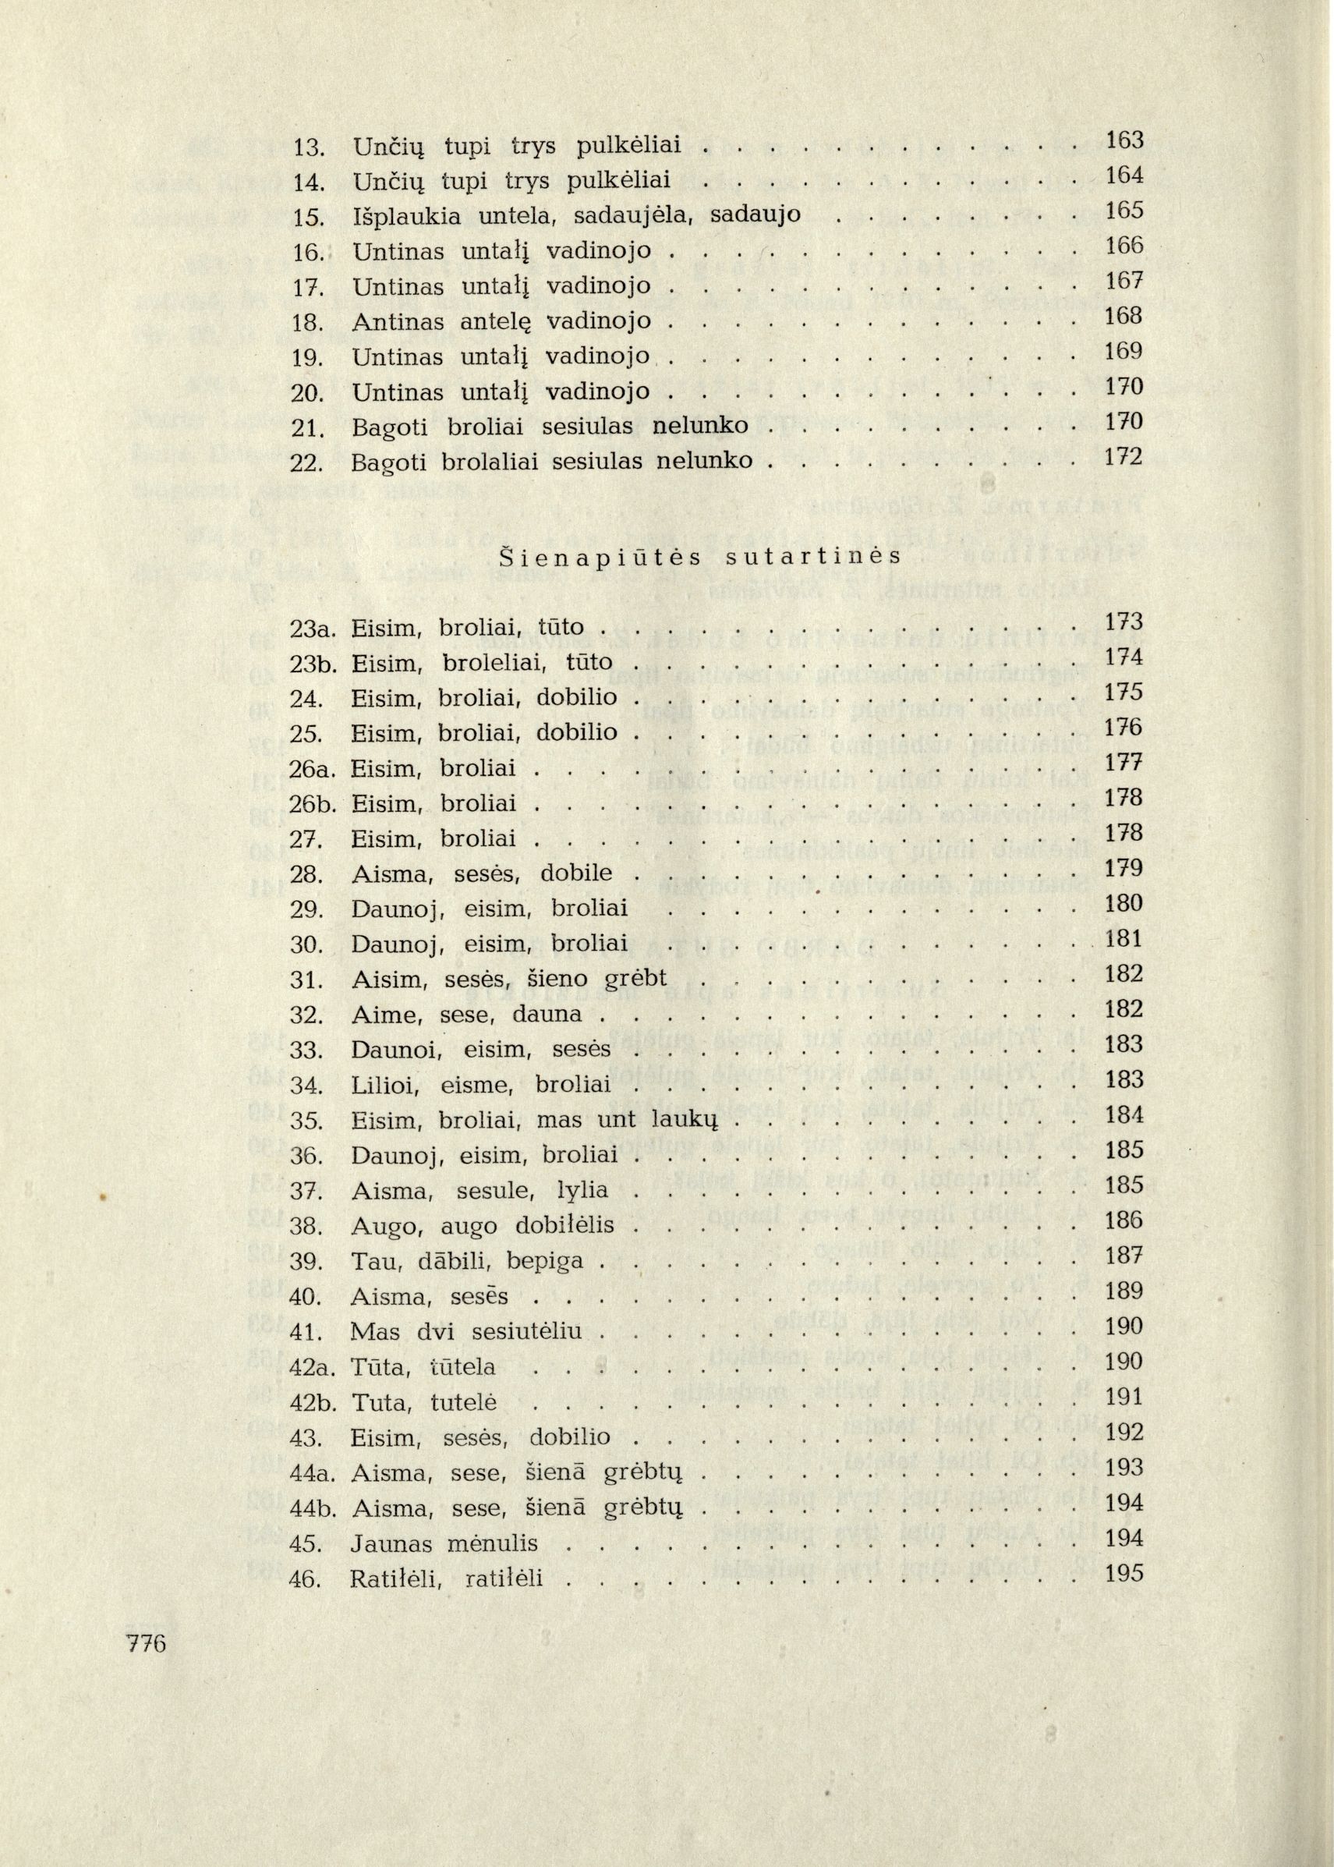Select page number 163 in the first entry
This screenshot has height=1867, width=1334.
(x=1124, y=140)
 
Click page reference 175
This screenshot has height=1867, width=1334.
(x=1124, y=693)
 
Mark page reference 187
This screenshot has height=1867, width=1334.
(x=1124, y=1256)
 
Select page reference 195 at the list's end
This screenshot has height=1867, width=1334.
(x=1124, y=1573)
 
